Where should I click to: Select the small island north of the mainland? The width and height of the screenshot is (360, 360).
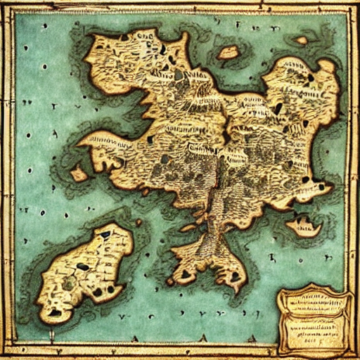coord(228,52)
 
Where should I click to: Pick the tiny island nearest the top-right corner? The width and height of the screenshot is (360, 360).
coord(302,41)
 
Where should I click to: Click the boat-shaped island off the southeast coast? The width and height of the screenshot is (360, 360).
coord(304,226)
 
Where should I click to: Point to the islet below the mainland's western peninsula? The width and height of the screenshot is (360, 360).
coord(79,173)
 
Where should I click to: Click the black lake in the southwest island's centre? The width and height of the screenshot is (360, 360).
coord(82,267)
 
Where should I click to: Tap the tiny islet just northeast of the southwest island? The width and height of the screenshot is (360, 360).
coord(139,223)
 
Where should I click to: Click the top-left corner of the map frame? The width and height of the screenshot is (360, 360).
coord(6,6)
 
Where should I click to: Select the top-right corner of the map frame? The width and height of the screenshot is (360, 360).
coord(354,6)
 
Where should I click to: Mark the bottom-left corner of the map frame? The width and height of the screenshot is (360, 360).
coord(6,354)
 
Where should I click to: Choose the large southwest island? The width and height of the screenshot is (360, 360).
coord(84,271)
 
